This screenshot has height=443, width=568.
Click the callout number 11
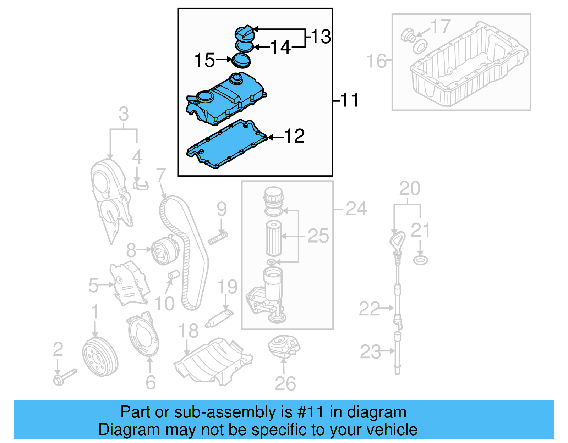[x=350, y=100]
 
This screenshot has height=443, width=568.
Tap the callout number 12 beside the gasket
[x=294, y=136]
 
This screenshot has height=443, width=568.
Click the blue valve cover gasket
[x=227, y=145]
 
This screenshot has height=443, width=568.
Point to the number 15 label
[x=205, y=60]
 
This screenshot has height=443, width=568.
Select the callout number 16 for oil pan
[x=376, y=61]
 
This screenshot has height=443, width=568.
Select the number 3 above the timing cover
[x=124, y=114]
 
